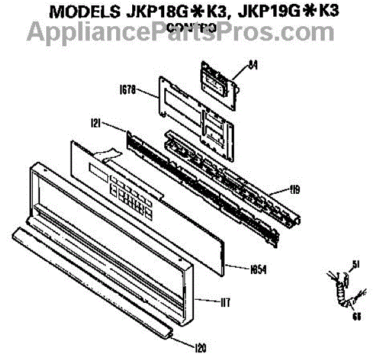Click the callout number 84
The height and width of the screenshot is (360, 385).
tap(250, 64)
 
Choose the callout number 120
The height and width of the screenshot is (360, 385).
tap(201, 348)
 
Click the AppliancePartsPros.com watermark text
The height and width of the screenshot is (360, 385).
tap(193, 30)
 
